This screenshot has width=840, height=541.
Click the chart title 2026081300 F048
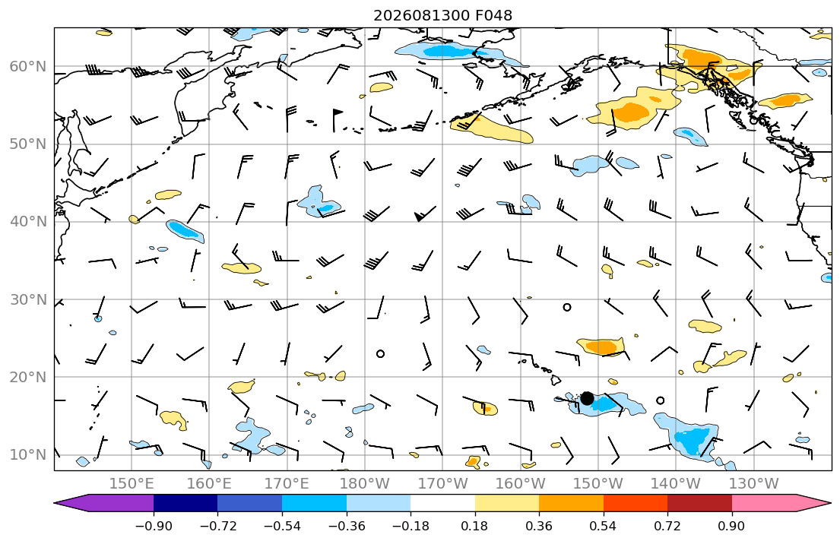pos(442,15)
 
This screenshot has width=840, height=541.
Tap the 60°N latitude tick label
pos(28,66)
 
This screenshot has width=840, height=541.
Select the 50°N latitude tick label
pos(28,144)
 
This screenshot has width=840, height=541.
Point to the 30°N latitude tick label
pos(28,299)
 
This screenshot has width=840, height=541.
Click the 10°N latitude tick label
pos(28,455)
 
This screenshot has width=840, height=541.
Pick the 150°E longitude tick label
pos(132,484)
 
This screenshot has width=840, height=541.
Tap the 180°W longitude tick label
pos(365,484)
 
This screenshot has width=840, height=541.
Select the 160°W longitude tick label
pos(521,484)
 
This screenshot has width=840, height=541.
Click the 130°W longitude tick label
pos(754,484)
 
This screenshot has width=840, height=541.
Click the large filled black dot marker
pos(587,398)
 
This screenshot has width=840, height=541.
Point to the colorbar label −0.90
pos(154,526)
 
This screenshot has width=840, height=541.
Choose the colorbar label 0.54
pos(604,526)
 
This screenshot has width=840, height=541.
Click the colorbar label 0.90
pos(732,526)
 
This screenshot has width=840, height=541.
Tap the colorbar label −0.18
pos(411,526)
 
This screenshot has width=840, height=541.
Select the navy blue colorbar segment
pos(185,503)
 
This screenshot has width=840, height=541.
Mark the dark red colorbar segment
pos(699,503)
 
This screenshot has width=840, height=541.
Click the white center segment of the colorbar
pos(442,503)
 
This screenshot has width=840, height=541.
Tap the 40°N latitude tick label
pos(28,222)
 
